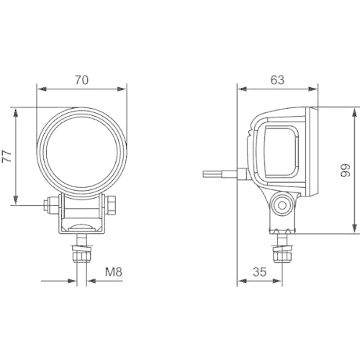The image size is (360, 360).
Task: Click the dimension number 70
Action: [x=81, y=80]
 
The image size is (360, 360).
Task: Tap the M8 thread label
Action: [x=112, y=272]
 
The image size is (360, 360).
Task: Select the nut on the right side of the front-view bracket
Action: [x=113, y=206]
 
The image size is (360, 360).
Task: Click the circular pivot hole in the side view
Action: [x=282, y=204]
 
